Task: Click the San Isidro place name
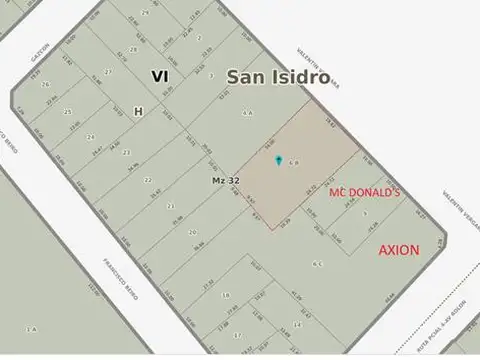click(277, 77)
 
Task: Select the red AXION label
click(398, 249)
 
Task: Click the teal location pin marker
click(278, 160)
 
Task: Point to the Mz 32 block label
click(225, 180)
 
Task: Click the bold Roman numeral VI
click(160, 76)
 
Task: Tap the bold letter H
click(138, 112)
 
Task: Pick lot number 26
click(45, 85)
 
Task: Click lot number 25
click(68, 112)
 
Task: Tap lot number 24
click(90, 137)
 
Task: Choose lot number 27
click(108, 73)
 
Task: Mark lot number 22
click(147, 180)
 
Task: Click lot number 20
click(192, 231)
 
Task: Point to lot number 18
click(226, 296)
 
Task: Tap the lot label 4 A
click(246, 113)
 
